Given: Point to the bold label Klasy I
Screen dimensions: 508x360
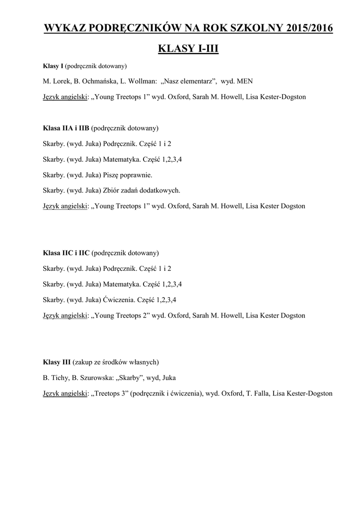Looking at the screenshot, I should click(x=53, y=66).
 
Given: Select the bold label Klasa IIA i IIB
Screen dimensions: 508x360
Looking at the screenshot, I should click(x=66, y=128).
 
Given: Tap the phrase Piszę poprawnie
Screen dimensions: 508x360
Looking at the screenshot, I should click(x=128, y=175).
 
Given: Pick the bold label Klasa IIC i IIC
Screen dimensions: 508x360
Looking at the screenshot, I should click(x=66, y=253).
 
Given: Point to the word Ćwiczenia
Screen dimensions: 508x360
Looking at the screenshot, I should click(x=118, y=300).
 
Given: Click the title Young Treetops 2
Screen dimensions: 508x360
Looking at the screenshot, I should click(x=120, y=315).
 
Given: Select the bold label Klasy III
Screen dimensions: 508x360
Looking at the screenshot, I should click(x=57, y=362).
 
